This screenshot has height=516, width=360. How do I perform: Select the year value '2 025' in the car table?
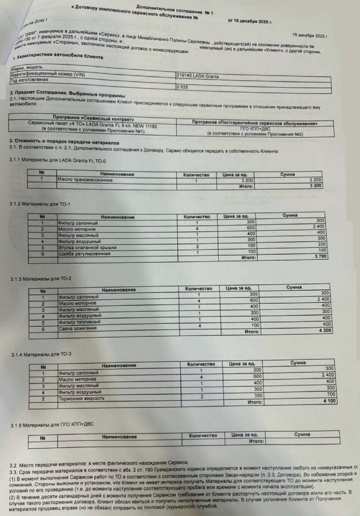tap(184, 86)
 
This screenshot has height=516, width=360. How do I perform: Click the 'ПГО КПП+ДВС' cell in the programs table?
tap(255, 128)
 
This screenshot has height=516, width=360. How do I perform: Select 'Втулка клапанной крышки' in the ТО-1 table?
tap(87, 247)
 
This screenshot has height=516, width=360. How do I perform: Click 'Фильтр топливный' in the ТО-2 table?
tap(79, 322)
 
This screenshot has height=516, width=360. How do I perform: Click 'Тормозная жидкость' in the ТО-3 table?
tap(81, 398)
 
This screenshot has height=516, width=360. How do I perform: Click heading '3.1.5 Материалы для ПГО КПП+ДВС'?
tap(52, 425)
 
